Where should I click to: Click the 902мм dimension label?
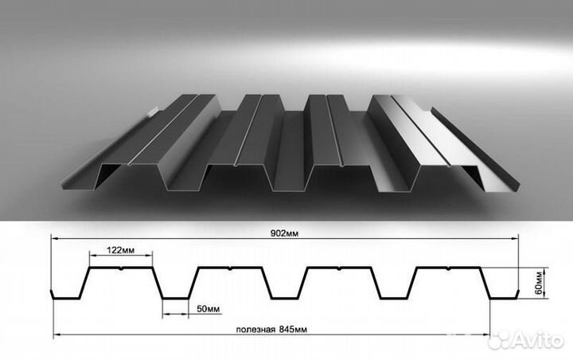click(x=284, y=233)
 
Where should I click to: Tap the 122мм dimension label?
click(x=121, y=250)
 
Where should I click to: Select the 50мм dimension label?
click(x=209, y=309)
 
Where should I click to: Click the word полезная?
click(x=255, y=330)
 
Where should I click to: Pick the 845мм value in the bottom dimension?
click(x=293, y=329)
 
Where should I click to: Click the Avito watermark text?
click(x=538, y=341)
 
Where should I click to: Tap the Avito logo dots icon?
click(x=500, y=339)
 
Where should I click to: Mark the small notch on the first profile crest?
click(x=121, y=269)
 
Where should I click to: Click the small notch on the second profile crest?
click(x=230, y=269)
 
